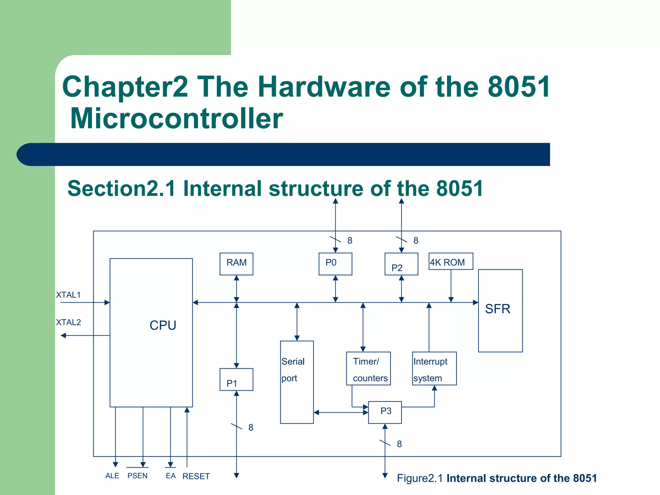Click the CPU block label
pyautogui.click(x=163, y=325)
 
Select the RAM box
pyautogui.click(x=236, y=264)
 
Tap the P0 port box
pyautogui.click(x=335, y=264)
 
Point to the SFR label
pyautogui.click(x=498, y=309)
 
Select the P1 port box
pyautogui.click(x=236, y=380)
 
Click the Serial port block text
pyautogui.click(x=293, y=370)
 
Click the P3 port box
pyautogui.click(x=385, y=412)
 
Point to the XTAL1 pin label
pyautogui.click(x=68, y=295)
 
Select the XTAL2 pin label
pyautogui.click(x=68, y=322)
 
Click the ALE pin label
pyautogui.click(x=112, y=476)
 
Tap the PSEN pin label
pyautogui.click(x=138, y=476)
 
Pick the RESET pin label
pyautogui.click(x=196, y=476)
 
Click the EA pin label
pyautogui.click(x=170, y=476)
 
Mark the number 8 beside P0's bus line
pyautogui.click(x=350, y=240)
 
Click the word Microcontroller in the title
pyautogui.click(x=176, y=119)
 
